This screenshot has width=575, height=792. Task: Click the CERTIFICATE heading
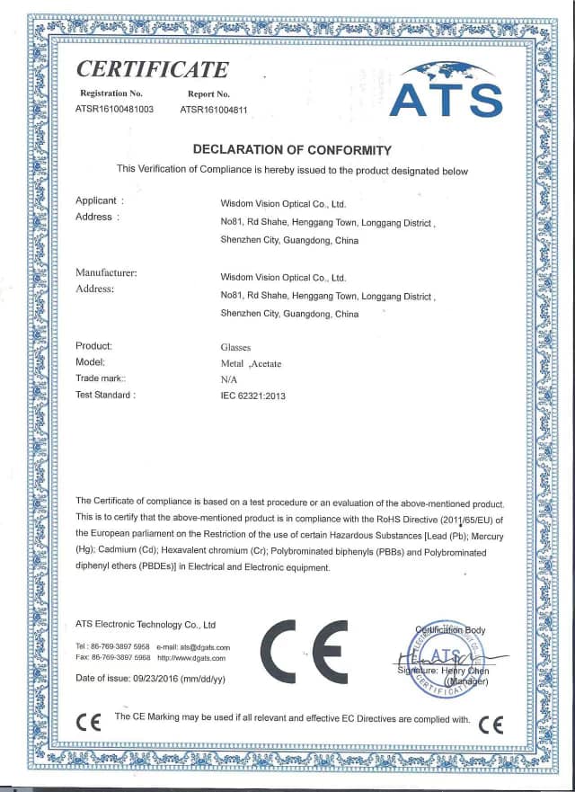(152, 69)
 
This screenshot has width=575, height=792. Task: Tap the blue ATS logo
(446, 90)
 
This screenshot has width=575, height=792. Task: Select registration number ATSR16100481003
(115, 109)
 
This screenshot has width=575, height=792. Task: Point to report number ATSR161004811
(214, 109)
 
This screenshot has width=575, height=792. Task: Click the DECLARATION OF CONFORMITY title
(293, 149)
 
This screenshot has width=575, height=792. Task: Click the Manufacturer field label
(106, 272)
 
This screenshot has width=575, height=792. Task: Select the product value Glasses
(236, 346)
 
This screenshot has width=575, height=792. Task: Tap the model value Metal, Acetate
(251, 362)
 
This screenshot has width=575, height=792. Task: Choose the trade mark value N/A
(228, 378)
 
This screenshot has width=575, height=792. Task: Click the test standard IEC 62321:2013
(252, 396)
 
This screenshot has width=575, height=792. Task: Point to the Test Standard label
(105, 395)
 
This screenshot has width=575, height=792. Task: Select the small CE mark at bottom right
(491, 723)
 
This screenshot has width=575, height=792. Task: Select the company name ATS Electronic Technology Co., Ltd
(146, 624)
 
